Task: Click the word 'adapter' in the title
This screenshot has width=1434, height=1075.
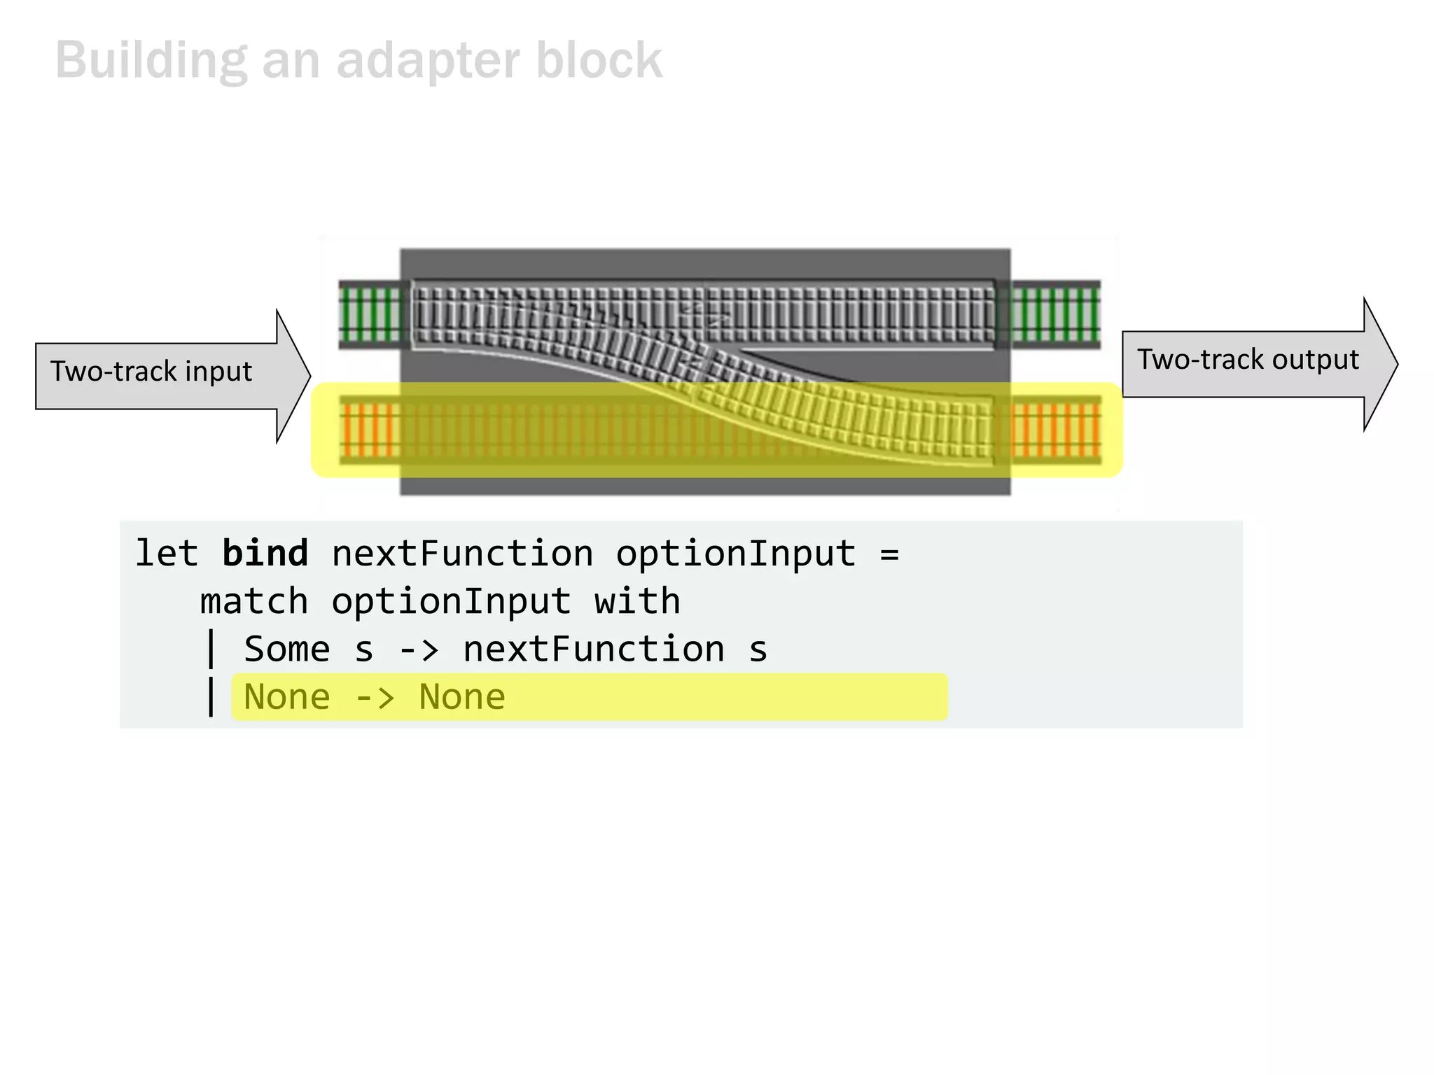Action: point(428,62)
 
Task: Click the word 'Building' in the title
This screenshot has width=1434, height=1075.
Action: point(151,62)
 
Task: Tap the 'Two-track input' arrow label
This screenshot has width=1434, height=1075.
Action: point(151,372)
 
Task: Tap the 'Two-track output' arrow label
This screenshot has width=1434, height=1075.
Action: point(1247,360)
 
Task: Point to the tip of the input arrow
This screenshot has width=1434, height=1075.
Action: point(309,377)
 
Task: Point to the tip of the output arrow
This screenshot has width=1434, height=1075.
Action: point(1396,364)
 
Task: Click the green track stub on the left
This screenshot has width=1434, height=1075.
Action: point(370,314)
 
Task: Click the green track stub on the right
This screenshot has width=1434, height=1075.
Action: point(1056,314)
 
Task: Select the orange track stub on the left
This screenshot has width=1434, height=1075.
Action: point(370,429)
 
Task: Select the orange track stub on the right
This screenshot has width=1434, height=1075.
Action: point(1056,429)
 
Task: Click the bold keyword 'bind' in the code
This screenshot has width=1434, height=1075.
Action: point(265,554)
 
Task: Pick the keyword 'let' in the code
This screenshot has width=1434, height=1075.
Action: point(167,554)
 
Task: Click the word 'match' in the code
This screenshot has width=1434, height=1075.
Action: point(253,602)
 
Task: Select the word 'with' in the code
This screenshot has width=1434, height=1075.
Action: point(636,602)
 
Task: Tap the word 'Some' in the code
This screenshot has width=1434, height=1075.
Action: point(286,649)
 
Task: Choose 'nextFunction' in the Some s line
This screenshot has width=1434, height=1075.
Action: point(593,649)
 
